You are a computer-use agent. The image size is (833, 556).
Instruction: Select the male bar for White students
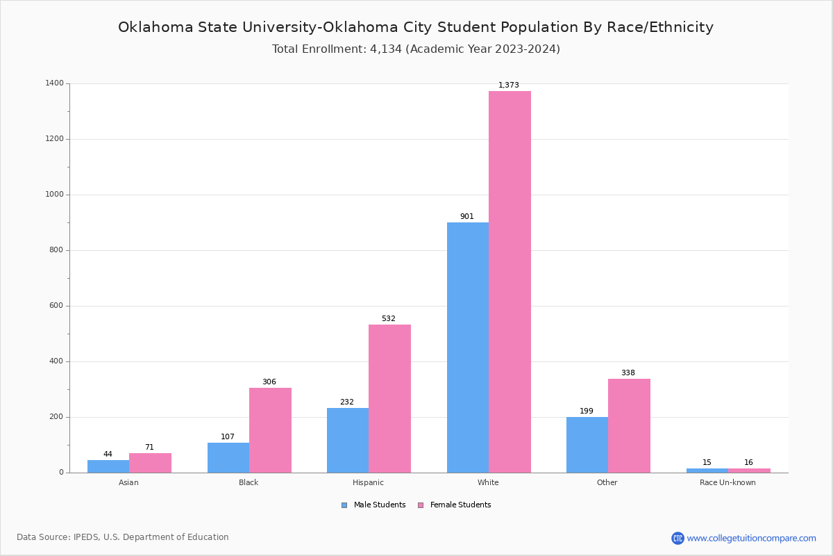(x=468, y=347)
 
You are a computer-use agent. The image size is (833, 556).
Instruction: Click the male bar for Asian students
(x=108, y=466)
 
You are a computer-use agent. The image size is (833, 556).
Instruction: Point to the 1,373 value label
(x=509, y=85)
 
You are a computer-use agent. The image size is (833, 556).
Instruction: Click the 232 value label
(x=347, y=402)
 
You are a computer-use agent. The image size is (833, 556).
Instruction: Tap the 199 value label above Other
(x=587, y=411)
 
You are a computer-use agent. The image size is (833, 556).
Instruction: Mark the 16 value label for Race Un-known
(x=748, y=463)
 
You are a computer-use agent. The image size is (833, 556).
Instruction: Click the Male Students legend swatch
(x=344, y=505)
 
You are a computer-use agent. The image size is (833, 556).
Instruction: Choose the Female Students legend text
(x=460, y=505)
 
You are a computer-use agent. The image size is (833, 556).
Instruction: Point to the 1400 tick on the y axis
(x=55, y=83)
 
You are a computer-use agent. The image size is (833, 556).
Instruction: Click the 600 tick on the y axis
(x=56, y=306)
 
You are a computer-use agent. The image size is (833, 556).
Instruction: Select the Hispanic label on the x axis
(x=368, y=483)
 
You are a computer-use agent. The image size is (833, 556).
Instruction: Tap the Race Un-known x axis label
(x=727, y=483)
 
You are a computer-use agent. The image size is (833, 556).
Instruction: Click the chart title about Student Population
(x=416, y=28)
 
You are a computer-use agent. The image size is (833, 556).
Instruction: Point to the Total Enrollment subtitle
(x=416, y=49)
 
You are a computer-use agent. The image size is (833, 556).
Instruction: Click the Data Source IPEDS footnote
(x=123, y=537)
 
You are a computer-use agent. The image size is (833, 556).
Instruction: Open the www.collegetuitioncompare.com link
(x=751, y=538)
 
